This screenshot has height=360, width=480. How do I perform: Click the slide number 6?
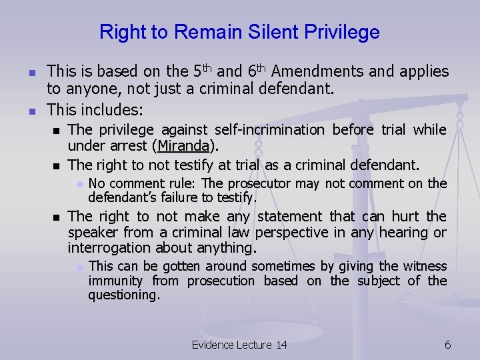[448, 345]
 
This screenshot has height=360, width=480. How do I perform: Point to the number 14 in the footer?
[281, 345]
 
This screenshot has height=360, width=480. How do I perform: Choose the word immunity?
[115, 281]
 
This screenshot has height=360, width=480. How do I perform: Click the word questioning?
[124, 295]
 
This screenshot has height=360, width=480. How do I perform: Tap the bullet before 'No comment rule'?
[79, 184]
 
